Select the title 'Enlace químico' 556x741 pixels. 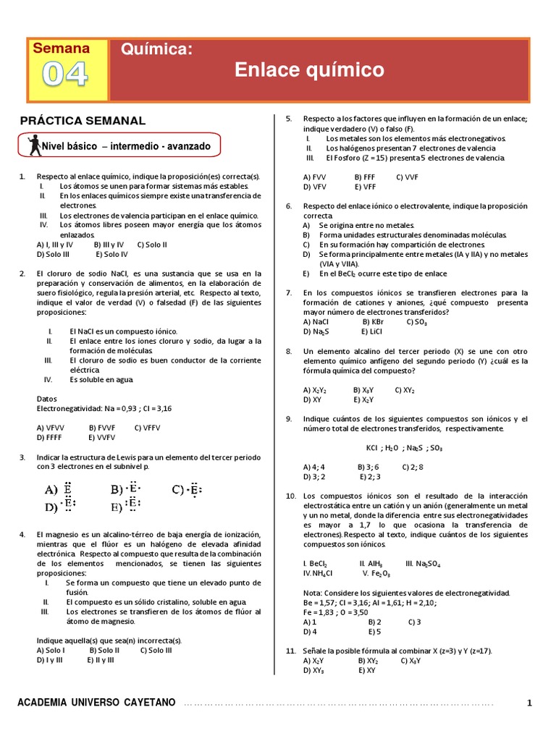[x=309, y=70]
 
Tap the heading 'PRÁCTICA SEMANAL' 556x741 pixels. [x=83, y=121]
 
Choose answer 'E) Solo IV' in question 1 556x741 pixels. [x=111, y=254]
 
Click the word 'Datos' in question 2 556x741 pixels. [x=46, y=398]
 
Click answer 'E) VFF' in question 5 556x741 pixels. [x=366, y=186]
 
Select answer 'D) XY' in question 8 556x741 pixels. [x=312, y=399]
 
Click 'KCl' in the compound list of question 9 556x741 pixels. [x=373, y=448]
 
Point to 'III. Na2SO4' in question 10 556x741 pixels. [x=426, y=562]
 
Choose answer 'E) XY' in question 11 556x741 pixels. [x=366, y=670]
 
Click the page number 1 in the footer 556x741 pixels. [x=529, y=703]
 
